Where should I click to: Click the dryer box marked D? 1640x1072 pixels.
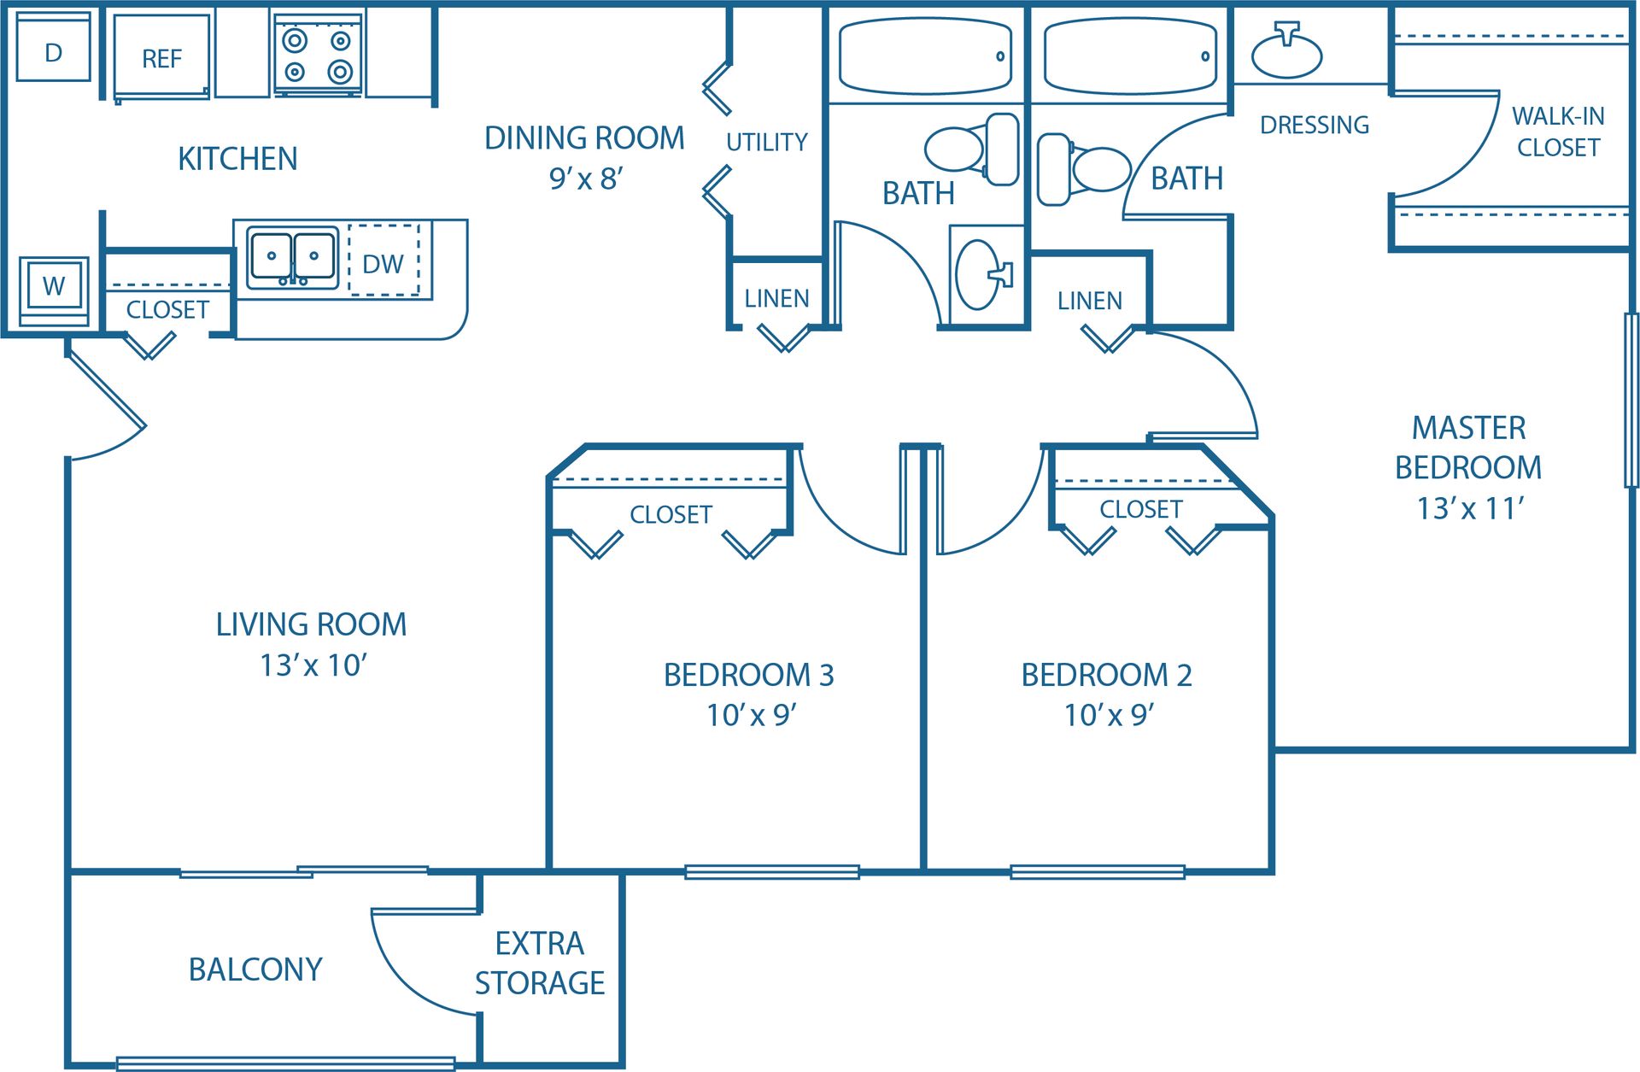tap(53, 51)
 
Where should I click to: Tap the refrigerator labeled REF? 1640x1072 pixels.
tap(161, 58)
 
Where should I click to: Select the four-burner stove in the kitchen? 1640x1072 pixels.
tap(318, 55)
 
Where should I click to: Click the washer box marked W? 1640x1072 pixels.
tap(54, 286)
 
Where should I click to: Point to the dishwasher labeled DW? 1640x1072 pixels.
tap(384, 263)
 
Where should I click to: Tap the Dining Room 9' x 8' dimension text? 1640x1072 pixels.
tap(586, 179)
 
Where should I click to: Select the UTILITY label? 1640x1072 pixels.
tap(766, 142)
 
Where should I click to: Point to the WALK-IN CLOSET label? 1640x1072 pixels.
tap(1558, 132)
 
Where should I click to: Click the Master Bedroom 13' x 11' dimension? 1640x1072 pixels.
tap(1470, 508)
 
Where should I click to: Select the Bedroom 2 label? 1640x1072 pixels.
tap(1106, 675)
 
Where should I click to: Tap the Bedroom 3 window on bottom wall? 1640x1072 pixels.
tap(771, 871)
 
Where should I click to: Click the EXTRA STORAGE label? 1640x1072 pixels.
tap(540, 963)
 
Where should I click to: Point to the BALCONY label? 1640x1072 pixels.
tap(255, 969)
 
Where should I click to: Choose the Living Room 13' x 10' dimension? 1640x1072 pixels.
tap(313, 665)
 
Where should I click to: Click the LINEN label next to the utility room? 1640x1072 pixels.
tap(776, 298)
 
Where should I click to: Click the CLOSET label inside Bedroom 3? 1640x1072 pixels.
tap(671, 514)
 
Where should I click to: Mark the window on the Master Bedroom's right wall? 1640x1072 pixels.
tap(1631, 400)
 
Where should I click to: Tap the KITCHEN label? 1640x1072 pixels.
tap(237, 159)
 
